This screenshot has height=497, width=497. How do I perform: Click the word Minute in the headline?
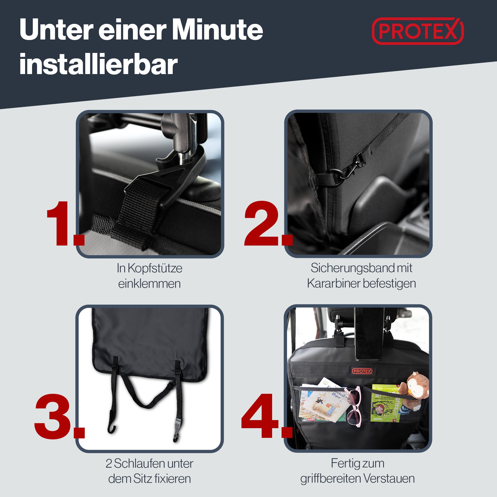click(x=217, y=30)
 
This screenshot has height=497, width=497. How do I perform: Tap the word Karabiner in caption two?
click(x=333, y=284)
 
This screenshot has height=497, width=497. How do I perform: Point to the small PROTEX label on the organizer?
click(x=362, y=371)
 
